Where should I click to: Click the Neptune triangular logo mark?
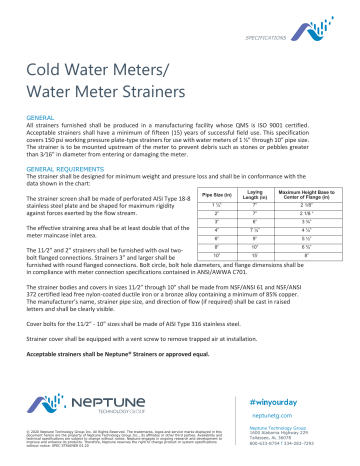[x=43, y=404]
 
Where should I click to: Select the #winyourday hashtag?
[x=269, y=399]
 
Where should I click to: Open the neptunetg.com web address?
[x=267, y=414]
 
